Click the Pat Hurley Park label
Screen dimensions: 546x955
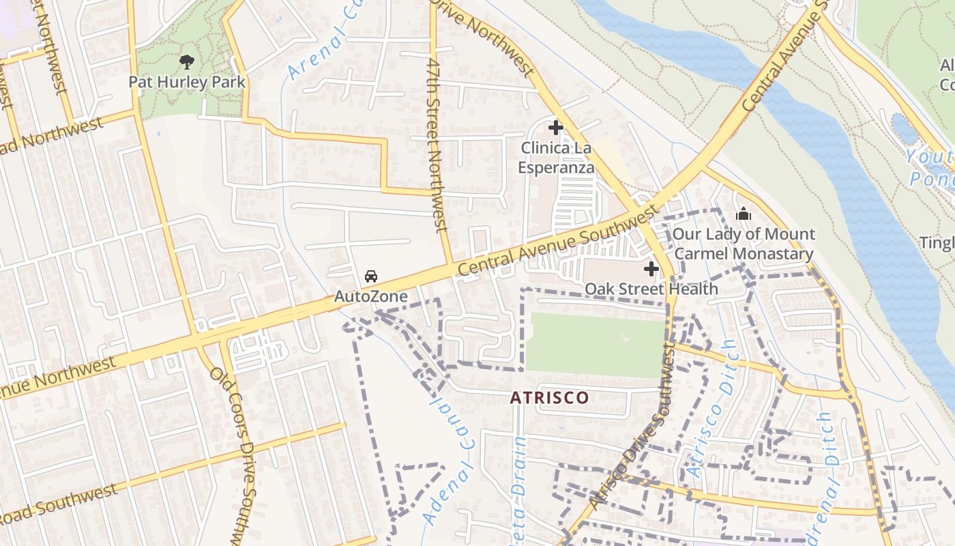[187, 82]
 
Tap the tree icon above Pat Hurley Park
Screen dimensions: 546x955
[187, 63]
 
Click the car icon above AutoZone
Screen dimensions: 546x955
[370, 276]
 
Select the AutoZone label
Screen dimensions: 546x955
[370, 296]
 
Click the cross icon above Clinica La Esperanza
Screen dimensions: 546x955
[555, 128]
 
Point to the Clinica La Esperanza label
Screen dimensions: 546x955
[555, 158]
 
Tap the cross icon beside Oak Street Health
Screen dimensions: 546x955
[651, 269]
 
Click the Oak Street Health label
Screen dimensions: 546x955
[651, 289]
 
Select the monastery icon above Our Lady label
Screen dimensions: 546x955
[744, 215]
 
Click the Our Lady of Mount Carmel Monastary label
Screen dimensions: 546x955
[744, 244]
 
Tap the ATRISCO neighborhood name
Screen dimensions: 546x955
[550, 397]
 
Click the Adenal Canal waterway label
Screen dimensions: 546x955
[447, 464]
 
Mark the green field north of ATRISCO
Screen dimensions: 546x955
[595, 345]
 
